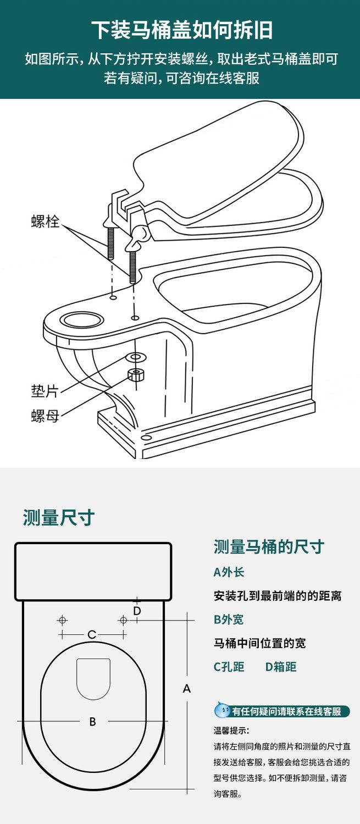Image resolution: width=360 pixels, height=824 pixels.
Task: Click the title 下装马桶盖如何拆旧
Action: click(182, 30)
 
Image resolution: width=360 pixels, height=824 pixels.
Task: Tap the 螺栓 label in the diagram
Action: click(45, 222)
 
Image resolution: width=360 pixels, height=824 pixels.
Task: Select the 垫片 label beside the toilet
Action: click(45, 391)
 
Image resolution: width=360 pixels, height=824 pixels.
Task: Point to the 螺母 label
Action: click(45, 416)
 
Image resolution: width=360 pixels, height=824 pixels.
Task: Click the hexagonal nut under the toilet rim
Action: click(136, 375)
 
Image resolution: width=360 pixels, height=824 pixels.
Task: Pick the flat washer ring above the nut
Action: click(136, 357)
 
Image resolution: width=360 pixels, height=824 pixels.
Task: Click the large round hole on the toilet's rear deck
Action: click(82, 319)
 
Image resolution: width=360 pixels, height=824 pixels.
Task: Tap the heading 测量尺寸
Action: click(58, 518)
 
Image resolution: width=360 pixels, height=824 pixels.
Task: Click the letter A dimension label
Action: click(187, 688)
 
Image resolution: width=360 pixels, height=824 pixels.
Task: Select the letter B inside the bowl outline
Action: click(92, 721)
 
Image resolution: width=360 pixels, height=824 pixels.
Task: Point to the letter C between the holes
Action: click(92, 634)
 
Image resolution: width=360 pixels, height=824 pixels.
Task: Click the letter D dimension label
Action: click(137, 611)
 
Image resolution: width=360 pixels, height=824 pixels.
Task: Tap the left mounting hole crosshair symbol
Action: click(63, 620)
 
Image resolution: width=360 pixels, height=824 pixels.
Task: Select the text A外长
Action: click(229, 572)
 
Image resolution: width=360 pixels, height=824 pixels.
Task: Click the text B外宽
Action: click(229, 620)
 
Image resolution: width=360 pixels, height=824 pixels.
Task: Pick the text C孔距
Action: click(229, 667)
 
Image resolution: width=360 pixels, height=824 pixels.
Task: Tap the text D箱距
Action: click(281, 667)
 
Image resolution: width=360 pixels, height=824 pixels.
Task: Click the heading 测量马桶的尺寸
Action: click(269, 546)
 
